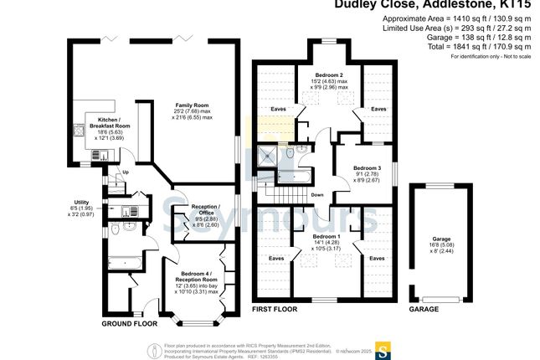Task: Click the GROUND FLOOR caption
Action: (x=130, y=324)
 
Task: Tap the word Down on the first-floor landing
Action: (x=316, y=195)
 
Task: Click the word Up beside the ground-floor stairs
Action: (x=126, y=173)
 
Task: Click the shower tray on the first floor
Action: (x=269, y=156)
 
